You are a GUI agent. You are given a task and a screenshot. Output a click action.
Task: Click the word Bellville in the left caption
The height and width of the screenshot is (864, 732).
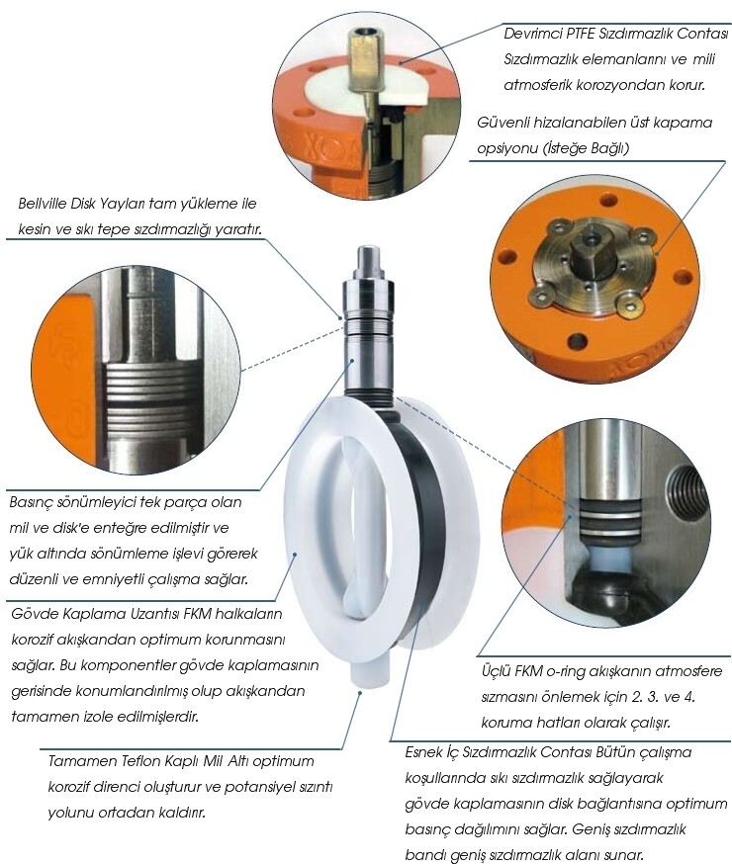(42, 204)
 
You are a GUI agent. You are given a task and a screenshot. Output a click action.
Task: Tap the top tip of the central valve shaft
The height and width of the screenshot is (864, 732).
(369, 247)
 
